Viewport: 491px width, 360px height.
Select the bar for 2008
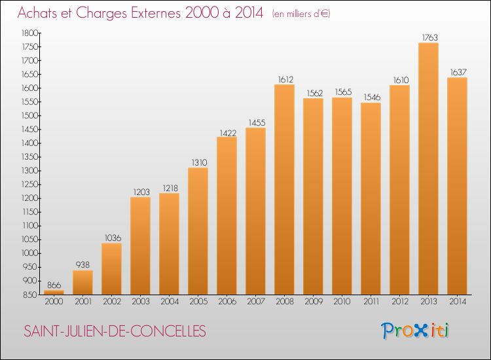point(284,190)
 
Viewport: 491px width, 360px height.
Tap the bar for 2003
point(140,246)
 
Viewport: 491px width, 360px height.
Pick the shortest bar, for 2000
point(54,293)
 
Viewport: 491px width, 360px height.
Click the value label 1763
point(428,37)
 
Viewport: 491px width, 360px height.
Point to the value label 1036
point(111,238)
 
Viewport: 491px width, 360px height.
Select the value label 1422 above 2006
point(227,132)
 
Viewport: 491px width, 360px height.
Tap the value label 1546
point(371,98)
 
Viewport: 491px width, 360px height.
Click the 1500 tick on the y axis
point(28,116)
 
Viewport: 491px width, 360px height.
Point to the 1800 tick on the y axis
point(28,33)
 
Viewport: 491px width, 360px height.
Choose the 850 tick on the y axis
point(28,295)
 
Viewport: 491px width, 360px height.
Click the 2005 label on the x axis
point(198,302)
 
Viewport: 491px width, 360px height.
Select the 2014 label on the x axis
point(457,302)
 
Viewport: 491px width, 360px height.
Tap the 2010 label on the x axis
point(342,302)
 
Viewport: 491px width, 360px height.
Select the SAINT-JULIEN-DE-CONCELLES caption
point(115,331)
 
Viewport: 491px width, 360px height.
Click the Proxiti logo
point(415,331)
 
